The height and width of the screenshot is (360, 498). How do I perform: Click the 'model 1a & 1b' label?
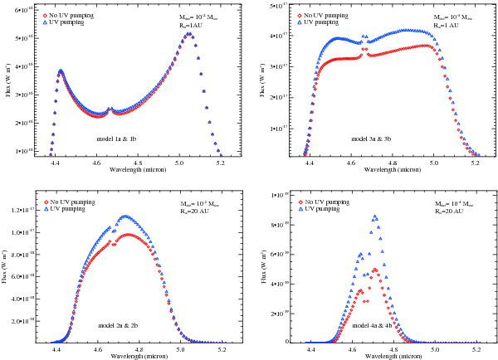(117, 140)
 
